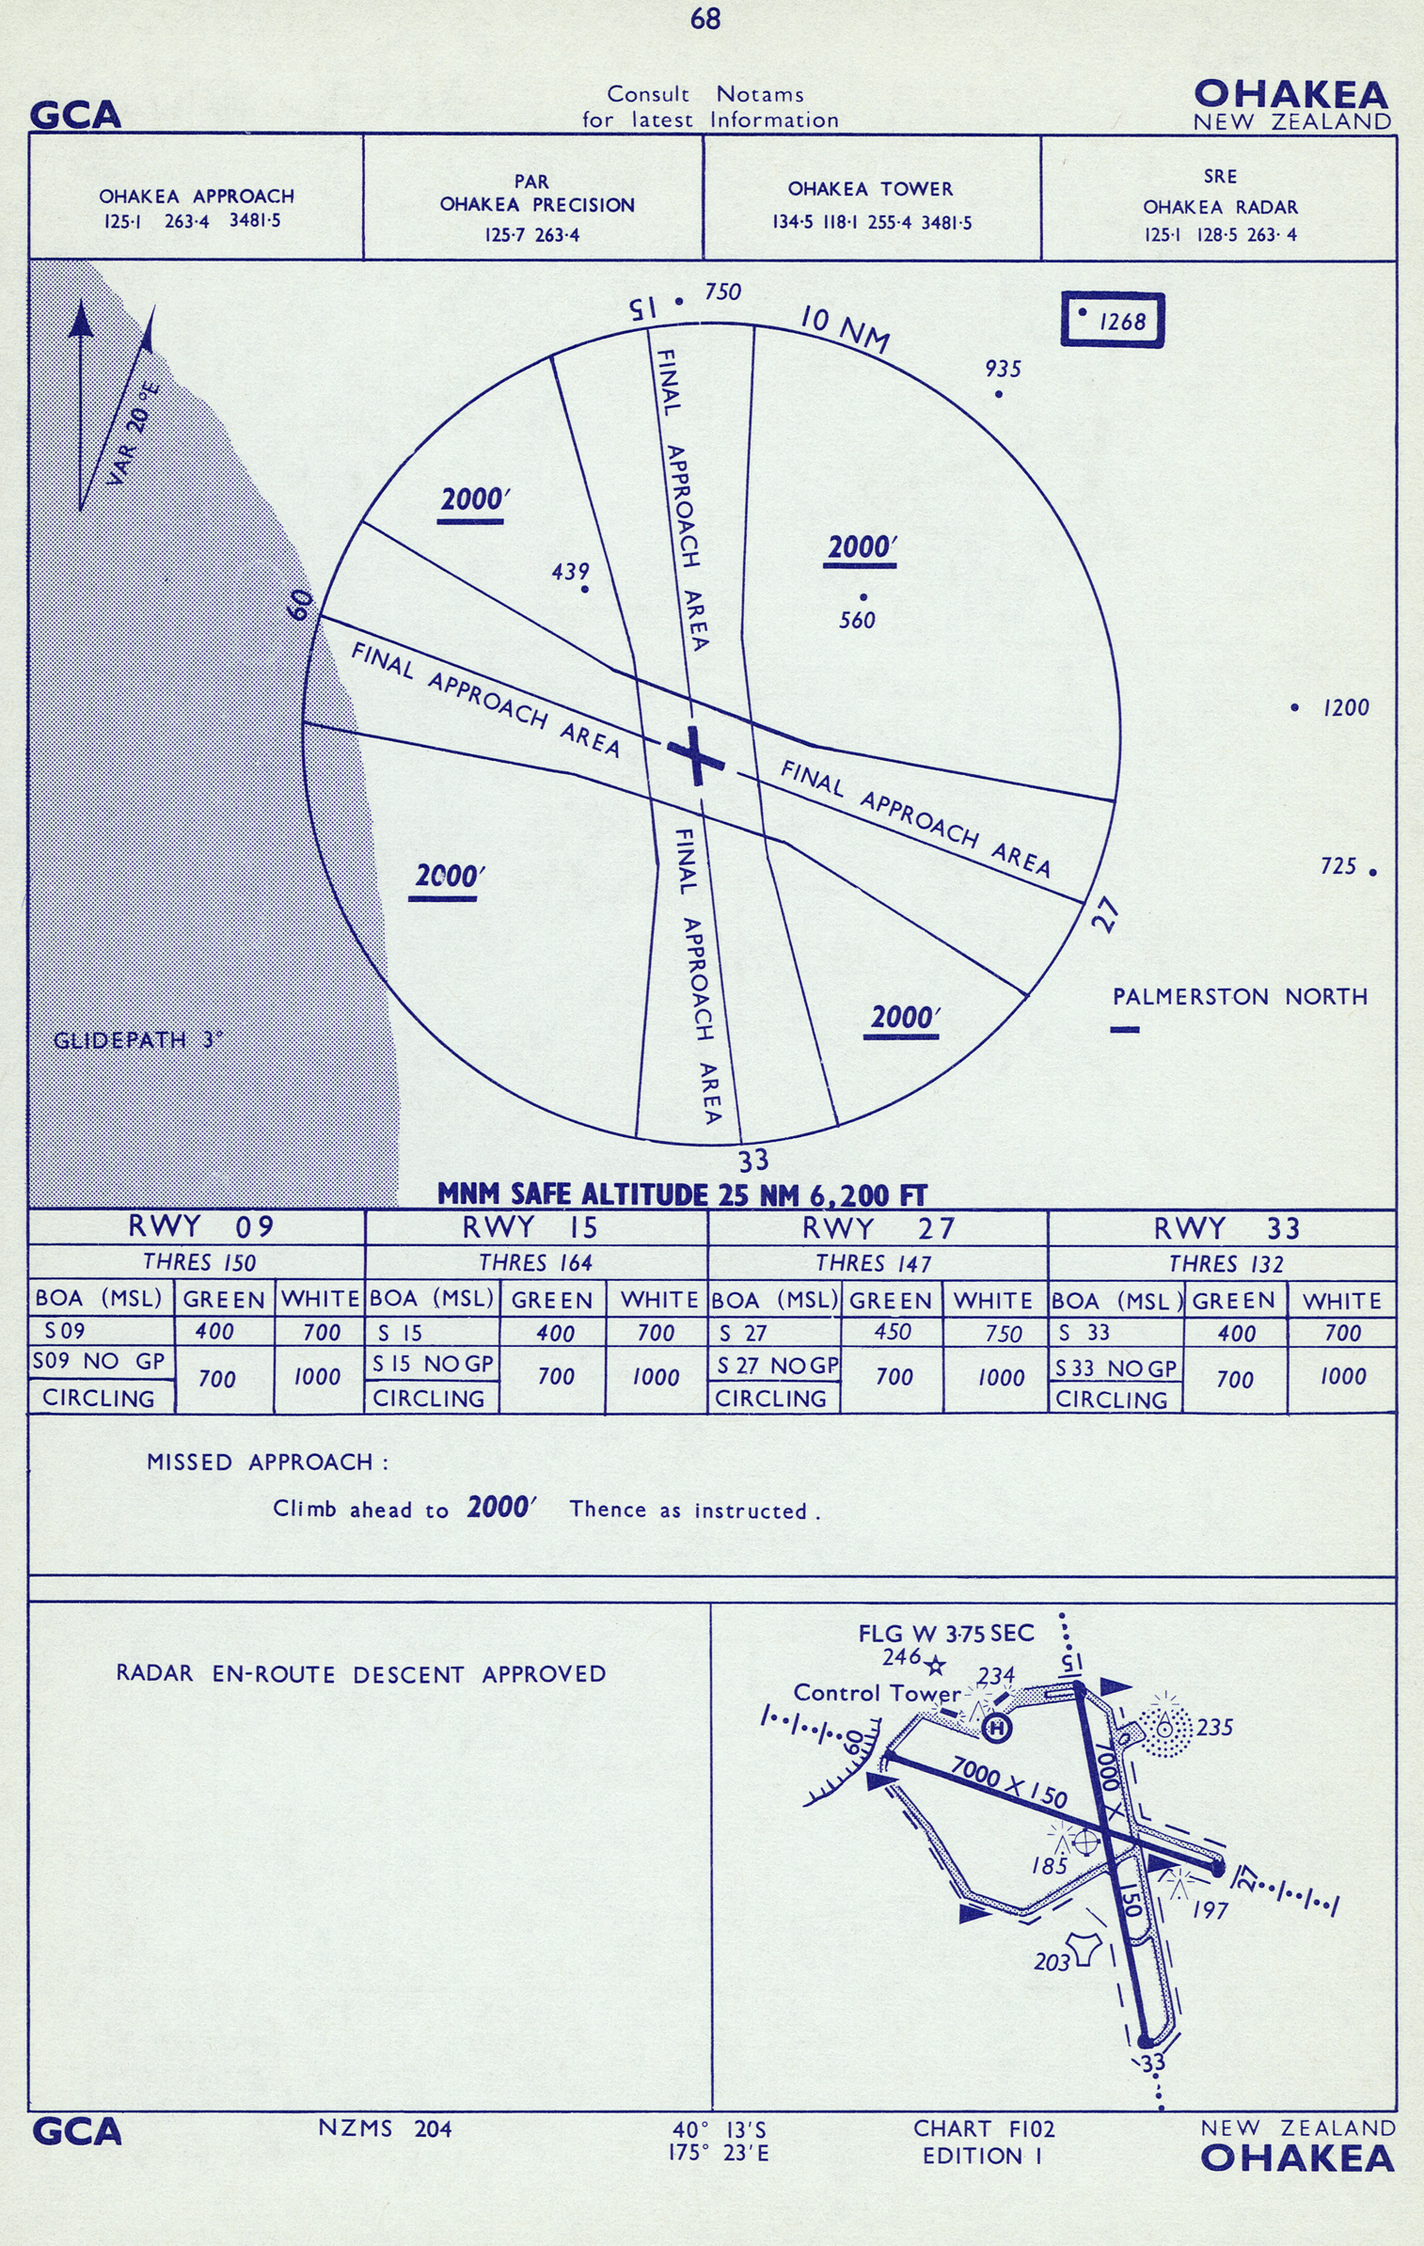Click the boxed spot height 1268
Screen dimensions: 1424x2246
(x=1113, y=320)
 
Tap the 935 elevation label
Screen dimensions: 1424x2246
(x=1003, y=369)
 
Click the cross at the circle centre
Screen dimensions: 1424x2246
(x=696, y=754)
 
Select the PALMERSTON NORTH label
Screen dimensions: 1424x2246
(x=1240, y=996)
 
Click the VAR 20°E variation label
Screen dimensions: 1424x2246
(x=134, y=434)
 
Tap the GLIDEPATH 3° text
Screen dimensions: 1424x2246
(x=138, y=1040)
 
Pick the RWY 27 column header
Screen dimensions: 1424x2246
(x=878, y=1228)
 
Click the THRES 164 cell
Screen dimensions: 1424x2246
(x=535, y=1262)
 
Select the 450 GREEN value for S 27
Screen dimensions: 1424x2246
(x=892, y=1332)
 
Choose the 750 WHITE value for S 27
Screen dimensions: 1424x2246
(x=1003, y=1334)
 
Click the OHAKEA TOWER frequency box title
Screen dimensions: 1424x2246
(x=870, y=189)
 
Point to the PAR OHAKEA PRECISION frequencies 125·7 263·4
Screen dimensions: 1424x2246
(x=532, y=235)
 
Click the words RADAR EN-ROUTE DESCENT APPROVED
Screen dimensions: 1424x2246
(x=361, y=1674)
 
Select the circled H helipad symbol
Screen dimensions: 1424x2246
(x=997, y=1727)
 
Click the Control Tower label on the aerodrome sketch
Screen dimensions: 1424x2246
(x=877, y=1692)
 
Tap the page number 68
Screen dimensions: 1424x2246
(x=704, y=19)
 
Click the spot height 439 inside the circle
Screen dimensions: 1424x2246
(x=571, y=571)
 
